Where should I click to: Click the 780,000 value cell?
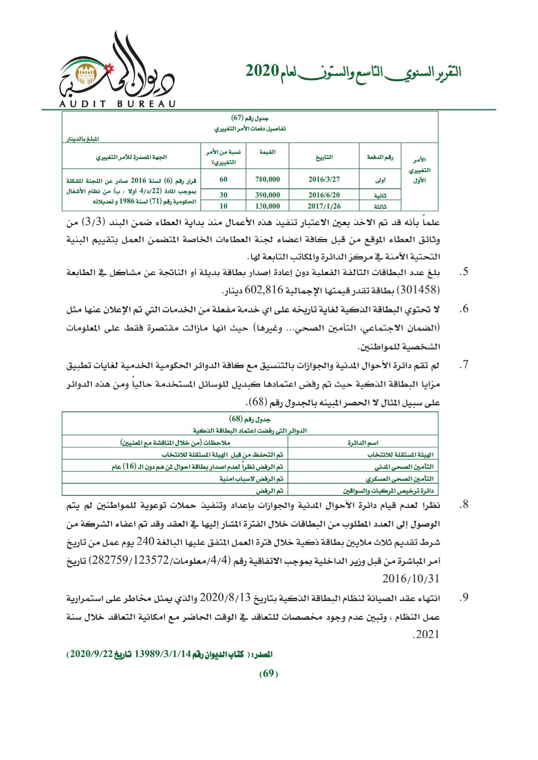click(267, 179)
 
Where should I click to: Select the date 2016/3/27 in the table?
click(323, 179)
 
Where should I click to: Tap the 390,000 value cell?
click(267, 195)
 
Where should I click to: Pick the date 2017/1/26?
click(323, 206)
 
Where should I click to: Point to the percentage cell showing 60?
click(224, 179)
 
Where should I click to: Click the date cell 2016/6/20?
click(323, 195)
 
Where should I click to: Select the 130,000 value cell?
click(267, 206)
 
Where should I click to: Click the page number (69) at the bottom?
click(268, 686)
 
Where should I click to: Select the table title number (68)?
click(236, 419)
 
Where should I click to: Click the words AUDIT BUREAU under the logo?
click(114, 104)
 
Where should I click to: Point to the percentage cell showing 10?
click(224, 206)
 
